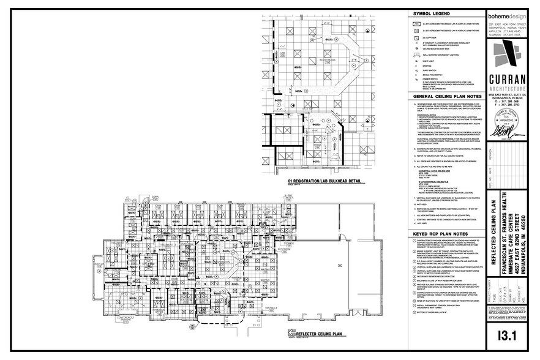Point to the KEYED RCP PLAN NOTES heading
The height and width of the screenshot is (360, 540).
pyautogui.click(x=440, y=233)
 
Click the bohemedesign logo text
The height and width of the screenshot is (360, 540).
pyautogui.click(x=506, y=17)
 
